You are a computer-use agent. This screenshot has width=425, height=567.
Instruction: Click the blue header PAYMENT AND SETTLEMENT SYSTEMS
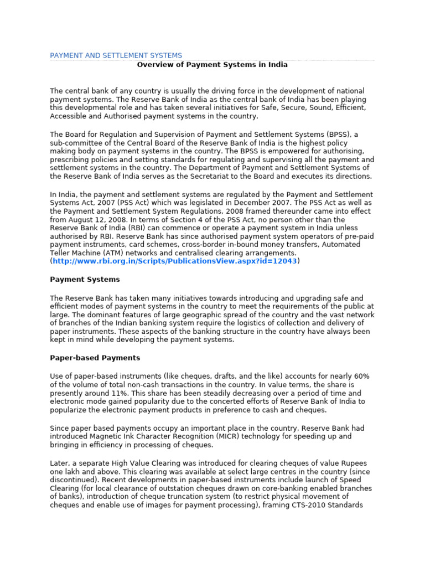point(116,55)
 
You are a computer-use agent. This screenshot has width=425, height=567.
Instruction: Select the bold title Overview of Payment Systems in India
point(212,64)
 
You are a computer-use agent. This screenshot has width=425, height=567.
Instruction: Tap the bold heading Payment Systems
point(85,279)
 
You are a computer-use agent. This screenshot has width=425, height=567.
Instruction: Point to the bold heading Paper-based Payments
point(95,358)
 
